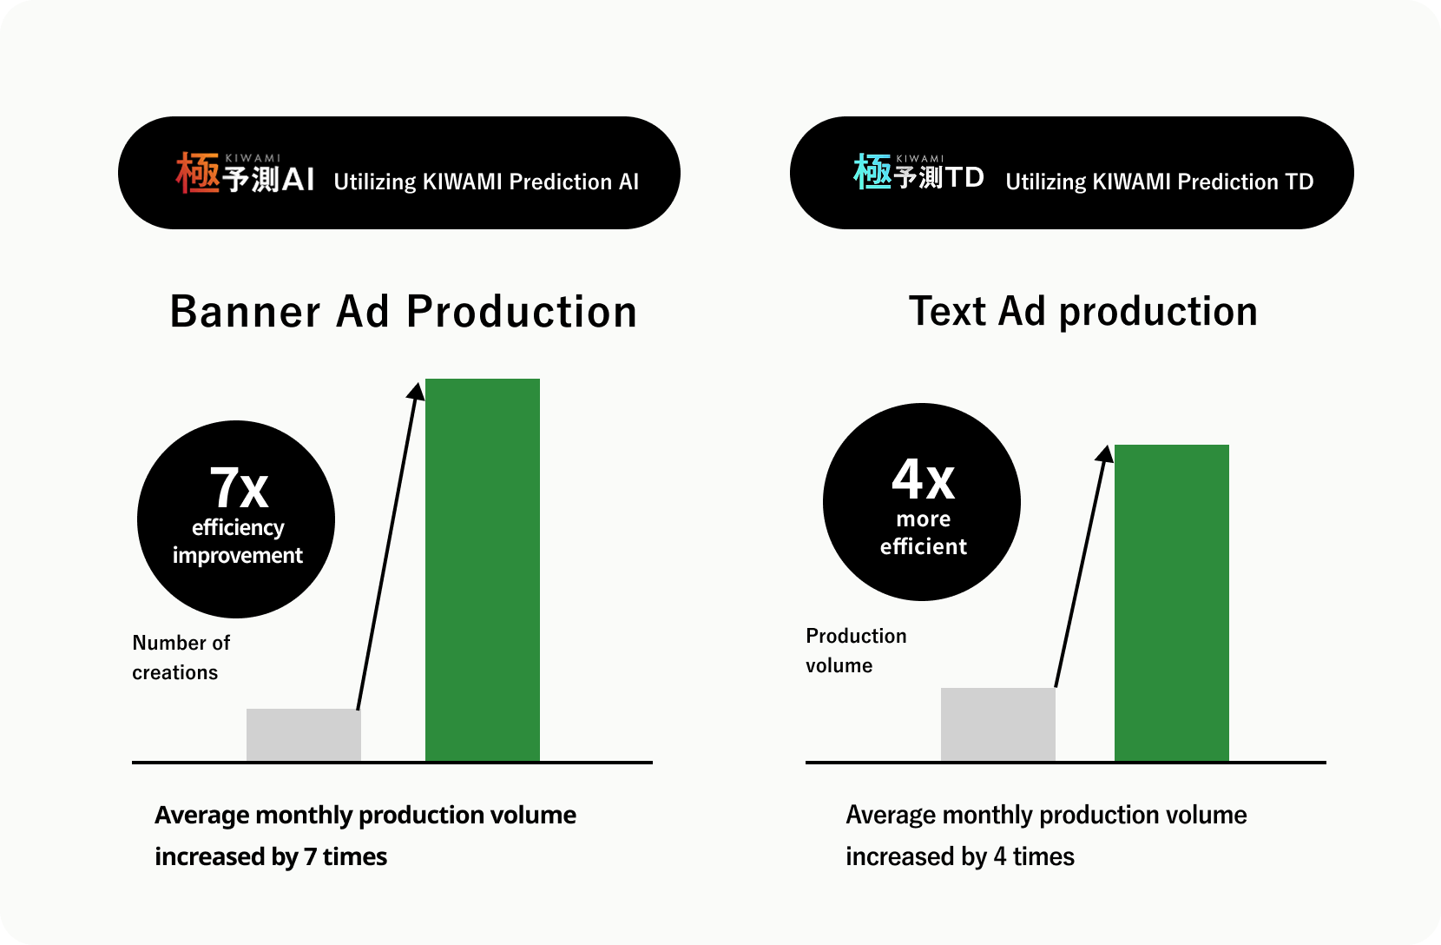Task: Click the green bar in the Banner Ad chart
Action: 483,570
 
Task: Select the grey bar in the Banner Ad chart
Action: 304,735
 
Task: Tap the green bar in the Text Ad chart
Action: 1171,603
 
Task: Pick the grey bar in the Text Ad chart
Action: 997,724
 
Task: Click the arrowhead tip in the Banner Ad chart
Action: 418,383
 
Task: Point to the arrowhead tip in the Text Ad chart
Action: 1108,446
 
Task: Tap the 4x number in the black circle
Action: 923,479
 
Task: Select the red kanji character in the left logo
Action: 198,173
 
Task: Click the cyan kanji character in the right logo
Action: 872,171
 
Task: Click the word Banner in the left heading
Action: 245,312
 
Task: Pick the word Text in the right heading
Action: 947,312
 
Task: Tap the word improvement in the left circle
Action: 237,556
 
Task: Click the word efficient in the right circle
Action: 923,546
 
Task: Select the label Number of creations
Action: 181,658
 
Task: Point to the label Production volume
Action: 856,651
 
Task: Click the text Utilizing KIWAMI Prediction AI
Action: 486,182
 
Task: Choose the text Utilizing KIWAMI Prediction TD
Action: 1159,182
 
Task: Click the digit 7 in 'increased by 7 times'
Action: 310,856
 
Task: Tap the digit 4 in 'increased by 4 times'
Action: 1000,856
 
